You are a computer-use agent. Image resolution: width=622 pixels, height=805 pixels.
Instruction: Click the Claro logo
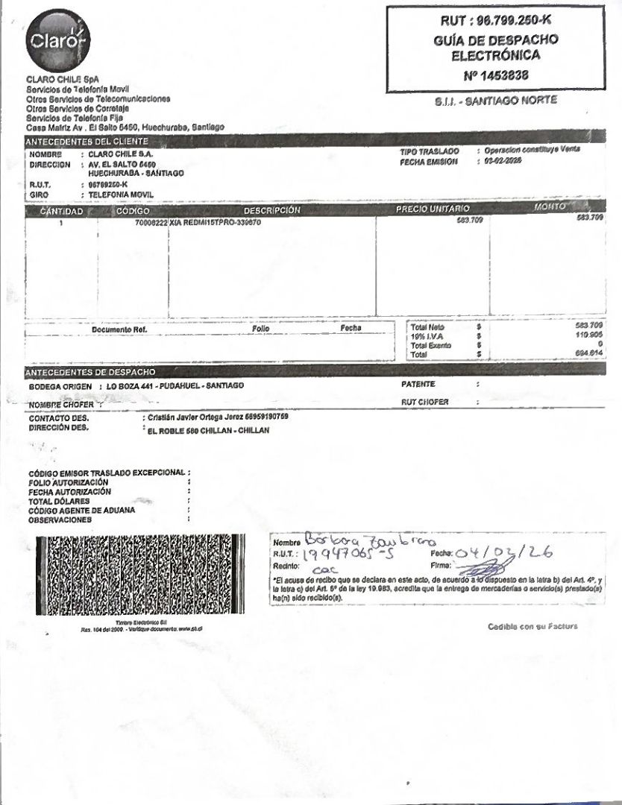pos(57,41)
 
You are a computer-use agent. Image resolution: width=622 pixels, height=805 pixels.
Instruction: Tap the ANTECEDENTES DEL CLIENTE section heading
pos(87,141)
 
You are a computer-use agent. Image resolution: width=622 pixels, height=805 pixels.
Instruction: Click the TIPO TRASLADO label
pos(429,151)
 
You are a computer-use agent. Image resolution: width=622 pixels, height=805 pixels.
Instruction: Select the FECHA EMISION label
pos(427,161)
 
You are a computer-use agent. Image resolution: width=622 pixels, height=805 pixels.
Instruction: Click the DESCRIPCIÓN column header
pos(271,211)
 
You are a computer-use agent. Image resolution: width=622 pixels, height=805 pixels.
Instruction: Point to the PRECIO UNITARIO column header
pos(433,209)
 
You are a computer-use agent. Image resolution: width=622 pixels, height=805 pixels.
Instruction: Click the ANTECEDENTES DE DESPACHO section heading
pos(90,371)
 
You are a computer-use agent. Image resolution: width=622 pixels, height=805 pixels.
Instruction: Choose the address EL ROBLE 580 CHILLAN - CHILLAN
pos(209,431)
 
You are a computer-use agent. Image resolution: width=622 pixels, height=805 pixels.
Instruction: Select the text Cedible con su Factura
pos(533,626)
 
